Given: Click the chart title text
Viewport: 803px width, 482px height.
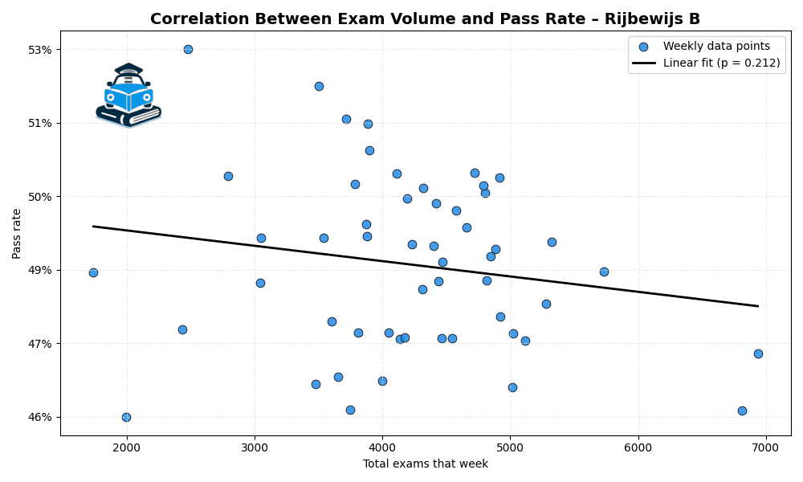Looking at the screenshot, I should tap(425, 19).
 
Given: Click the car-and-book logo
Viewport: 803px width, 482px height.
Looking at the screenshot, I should tap(128, 96).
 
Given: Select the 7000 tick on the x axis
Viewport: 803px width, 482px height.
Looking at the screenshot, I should tap(765, 447).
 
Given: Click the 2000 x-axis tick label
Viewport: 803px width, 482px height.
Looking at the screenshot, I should tap(126, 447).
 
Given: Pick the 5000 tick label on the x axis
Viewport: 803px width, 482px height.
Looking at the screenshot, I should tap(510, 447).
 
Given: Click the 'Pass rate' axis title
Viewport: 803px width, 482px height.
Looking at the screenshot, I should tap(17, 234).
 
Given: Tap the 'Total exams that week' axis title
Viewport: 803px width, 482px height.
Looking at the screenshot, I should tap(425, 464).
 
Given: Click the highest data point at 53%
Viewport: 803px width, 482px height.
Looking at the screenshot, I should tap(188, 49).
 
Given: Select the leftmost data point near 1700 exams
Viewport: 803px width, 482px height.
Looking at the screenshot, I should tap(93, 272).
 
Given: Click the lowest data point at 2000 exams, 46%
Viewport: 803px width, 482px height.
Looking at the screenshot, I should tap(126, 417).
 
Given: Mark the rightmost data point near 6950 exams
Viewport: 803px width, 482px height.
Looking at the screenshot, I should tap(758, 353).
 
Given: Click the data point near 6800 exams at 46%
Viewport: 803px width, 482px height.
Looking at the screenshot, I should tap(742, 411).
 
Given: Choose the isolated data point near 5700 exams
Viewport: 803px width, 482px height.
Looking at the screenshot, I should tap(604, 272).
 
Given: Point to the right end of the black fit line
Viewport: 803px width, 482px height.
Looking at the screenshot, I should tap(757, 306).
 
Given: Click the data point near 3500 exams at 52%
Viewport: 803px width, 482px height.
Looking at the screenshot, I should tap(319, 86).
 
